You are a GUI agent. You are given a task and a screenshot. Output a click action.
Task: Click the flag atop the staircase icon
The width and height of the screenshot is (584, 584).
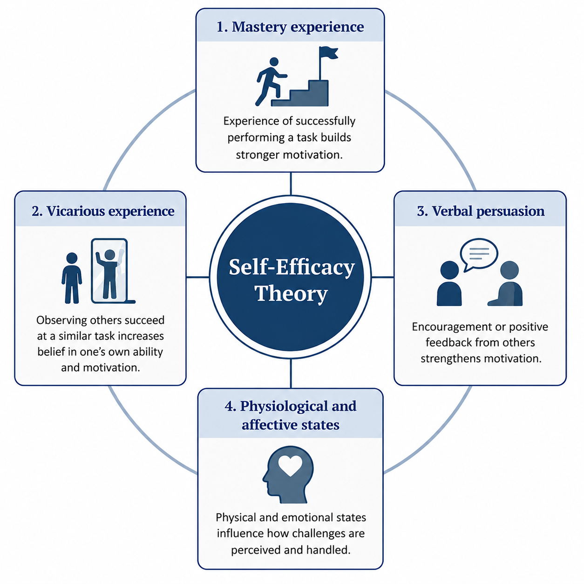(328, 54)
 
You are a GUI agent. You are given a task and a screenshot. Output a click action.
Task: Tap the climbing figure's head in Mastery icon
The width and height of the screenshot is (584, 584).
(274, 61)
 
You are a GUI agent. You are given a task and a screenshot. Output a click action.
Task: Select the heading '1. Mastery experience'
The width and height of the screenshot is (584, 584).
(290, 27)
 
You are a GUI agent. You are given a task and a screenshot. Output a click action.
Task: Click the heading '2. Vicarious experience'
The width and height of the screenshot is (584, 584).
(103, 211)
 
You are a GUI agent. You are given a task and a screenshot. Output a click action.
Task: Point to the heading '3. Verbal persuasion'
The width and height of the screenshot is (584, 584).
(481, 211)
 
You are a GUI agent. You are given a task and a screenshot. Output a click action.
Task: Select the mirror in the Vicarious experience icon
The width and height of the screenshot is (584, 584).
(109, 271)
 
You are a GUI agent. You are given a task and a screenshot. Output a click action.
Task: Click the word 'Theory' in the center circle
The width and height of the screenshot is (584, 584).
(291, 293)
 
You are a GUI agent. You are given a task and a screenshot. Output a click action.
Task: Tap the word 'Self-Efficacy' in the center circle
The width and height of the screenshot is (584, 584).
(292, 268)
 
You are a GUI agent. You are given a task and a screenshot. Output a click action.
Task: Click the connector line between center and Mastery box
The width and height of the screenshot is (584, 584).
(291, 183)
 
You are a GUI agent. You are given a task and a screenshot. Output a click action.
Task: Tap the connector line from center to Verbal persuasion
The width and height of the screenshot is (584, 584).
(382, 277)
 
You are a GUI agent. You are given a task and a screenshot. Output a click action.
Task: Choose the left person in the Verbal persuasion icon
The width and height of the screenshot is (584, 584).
(449, 283)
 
